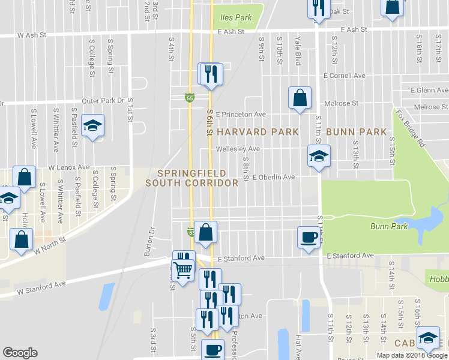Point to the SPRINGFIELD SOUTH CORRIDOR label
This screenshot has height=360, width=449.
click(191, 178)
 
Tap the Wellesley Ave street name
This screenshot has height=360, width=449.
click(238, 149)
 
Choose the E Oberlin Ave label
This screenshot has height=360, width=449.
click(274, 178)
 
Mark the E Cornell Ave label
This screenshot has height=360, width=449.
click(344, 76)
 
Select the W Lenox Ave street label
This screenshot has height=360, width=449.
click(69, 167)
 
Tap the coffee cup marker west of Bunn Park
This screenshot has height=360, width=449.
click(309, 238)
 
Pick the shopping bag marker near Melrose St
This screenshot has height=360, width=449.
click(300, 98)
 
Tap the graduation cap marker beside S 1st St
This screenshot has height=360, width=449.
click(92, 125)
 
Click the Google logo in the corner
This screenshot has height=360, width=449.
click(20, 353)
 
